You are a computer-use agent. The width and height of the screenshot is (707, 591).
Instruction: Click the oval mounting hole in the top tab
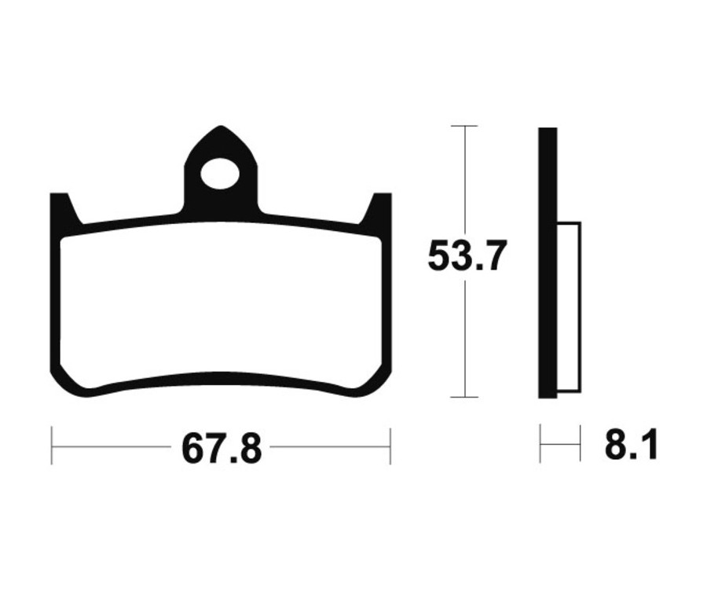[x=220, y=174]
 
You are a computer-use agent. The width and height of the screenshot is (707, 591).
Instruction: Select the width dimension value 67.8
[x=222, y=448]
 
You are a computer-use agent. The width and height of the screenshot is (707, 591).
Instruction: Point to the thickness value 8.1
[x=631, y=446]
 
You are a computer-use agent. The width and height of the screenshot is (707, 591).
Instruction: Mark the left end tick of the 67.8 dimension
[x=52, y=446]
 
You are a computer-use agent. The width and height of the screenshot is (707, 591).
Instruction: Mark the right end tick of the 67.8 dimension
[x=390, y=446]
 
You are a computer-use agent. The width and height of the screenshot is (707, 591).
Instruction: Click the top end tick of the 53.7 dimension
[x=465, y=126]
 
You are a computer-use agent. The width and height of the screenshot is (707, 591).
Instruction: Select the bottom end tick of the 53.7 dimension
[x=465, y=397]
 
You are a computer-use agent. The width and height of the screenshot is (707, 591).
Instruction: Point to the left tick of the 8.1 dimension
[x=540, y=444]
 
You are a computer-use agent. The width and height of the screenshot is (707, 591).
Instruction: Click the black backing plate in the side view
[x=548, y=262]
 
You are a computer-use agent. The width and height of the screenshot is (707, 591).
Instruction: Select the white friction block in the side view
[x=569, y=307]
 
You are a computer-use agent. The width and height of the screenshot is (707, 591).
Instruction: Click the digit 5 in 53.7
[x=441, y=256]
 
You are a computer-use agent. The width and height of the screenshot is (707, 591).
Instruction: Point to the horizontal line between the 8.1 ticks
[x=560, y=446]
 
